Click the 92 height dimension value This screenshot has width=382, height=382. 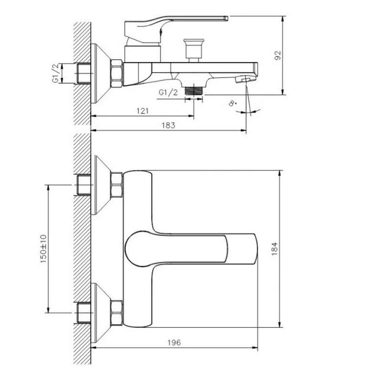tap(278, 55)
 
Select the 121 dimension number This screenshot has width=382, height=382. tap(142, 111)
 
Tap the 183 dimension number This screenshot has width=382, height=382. tap(169, 125)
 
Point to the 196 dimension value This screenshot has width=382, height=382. tap(174, 342)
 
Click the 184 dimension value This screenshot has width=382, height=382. tap(275, 248)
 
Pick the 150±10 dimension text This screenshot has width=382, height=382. tap(43, 249)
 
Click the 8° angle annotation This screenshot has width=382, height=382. tap(233, 103)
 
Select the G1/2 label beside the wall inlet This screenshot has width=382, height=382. tap(56, 73)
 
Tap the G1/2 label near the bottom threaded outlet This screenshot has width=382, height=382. tap(168, 92)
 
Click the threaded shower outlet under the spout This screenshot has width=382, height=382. tap(194, 91)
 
